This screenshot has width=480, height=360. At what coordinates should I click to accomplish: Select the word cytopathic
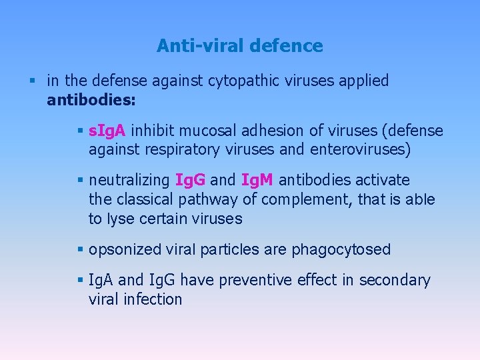(247, 81)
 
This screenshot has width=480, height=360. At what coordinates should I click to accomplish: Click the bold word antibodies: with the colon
(91, 101)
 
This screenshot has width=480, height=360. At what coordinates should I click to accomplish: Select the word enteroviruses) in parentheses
(361, 149)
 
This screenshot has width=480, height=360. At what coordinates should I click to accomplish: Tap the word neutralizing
(129, 181)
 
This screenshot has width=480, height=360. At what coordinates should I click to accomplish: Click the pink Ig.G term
(190, 181)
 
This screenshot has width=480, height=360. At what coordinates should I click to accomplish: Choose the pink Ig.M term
(257, 181)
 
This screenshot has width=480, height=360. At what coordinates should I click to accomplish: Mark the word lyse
(121, 219)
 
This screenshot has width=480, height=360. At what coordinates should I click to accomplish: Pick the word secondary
(395, 281)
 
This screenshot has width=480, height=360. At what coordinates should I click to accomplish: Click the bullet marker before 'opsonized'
(80, 250)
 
